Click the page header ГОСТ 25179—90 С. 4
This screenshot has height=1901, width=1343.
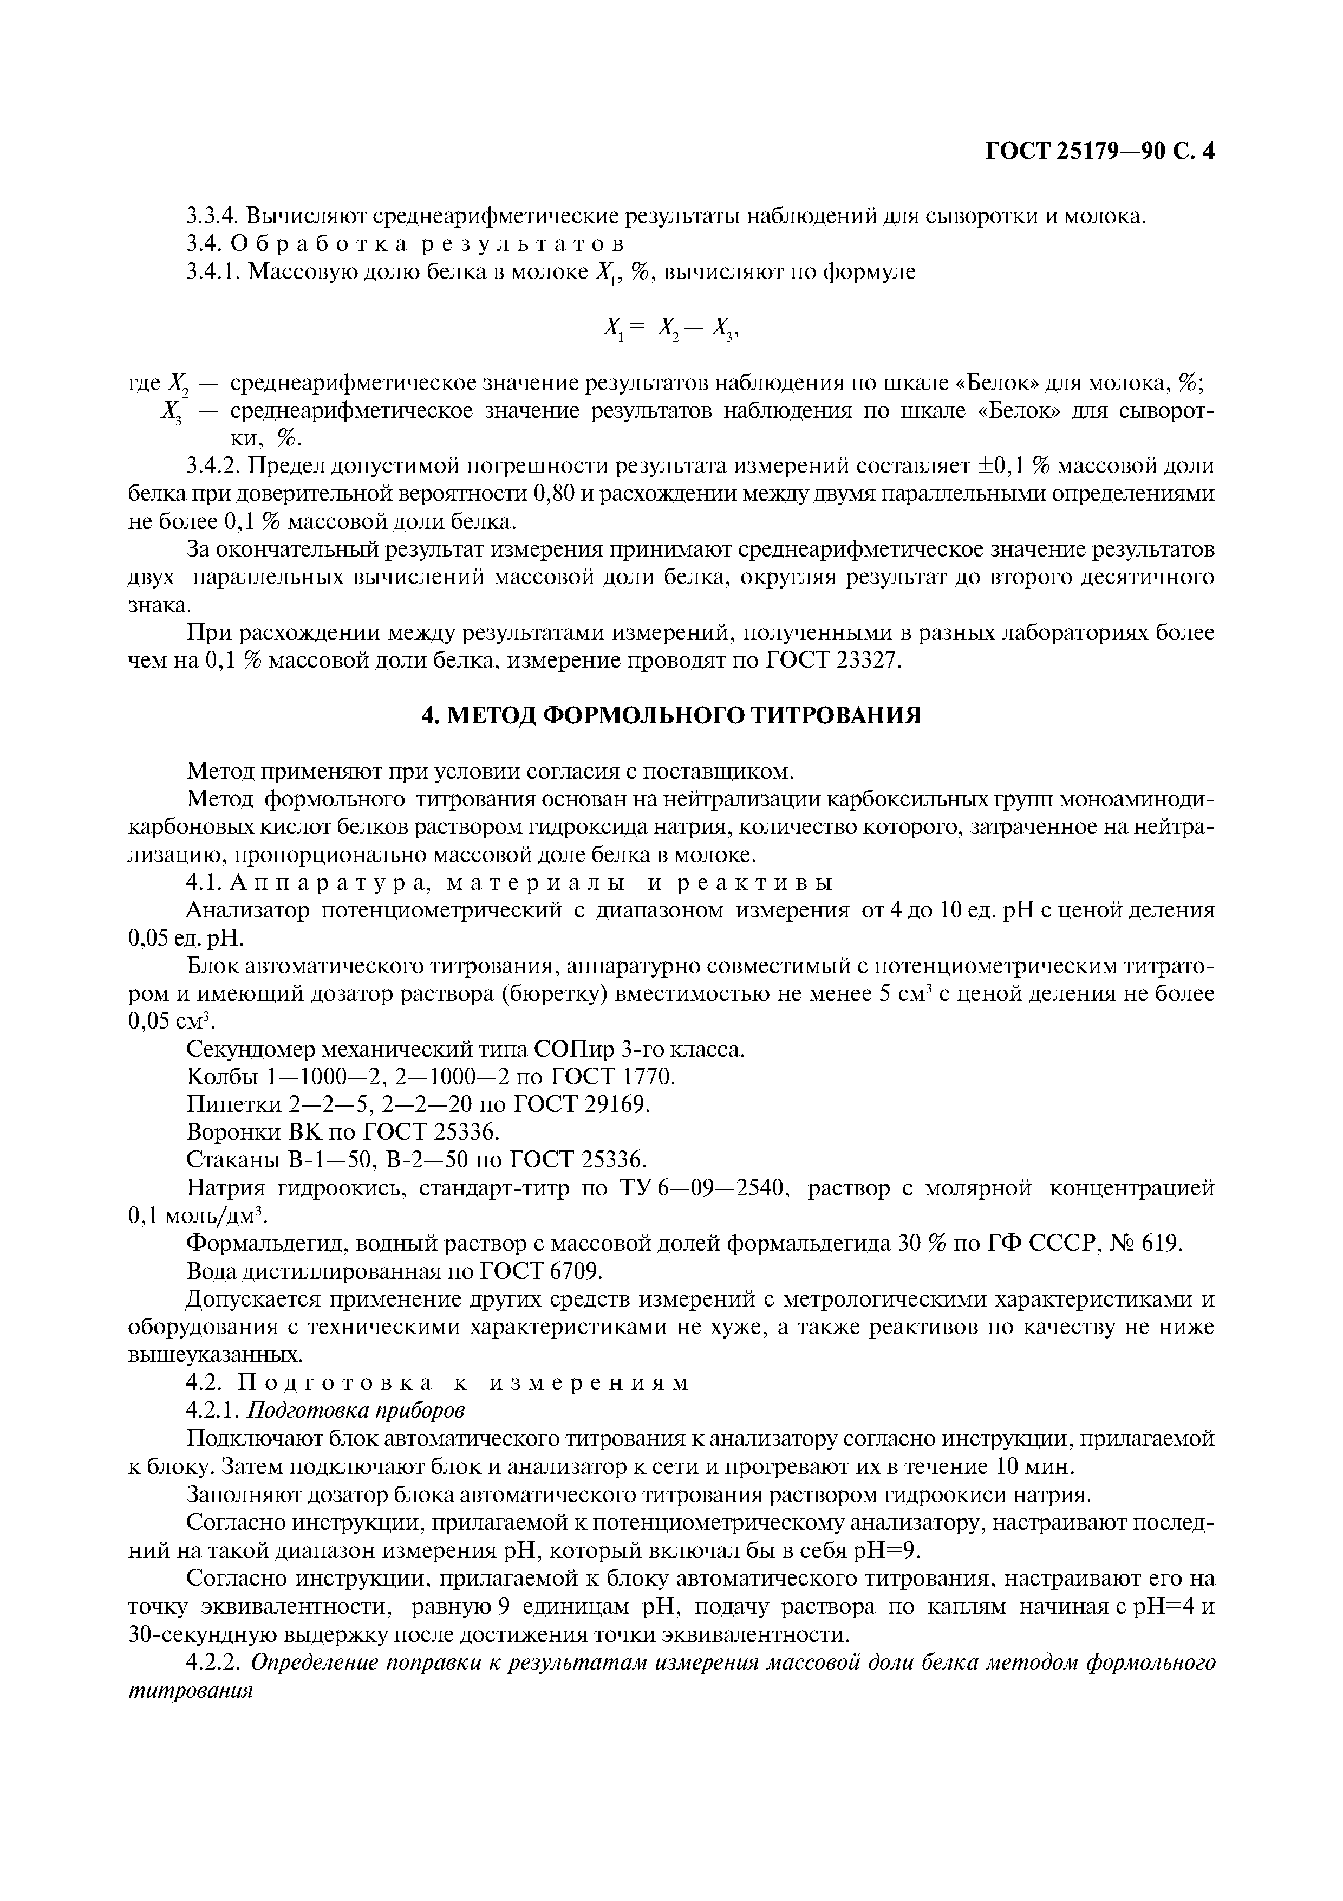1100,152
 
